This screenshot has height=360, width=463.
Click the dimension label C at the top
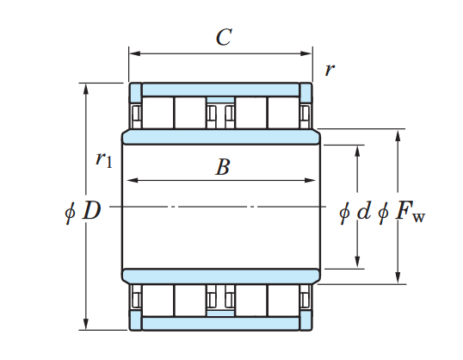click(224, 37)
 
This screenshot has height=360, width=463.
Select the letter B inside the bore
click(223, 167)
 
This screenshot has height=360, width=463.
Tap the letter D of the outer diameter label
click(92, 210)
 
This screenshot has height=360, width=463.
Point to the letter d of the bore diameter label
click(363, 210)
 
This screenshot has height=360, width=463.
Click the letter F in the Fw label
click(403, 211)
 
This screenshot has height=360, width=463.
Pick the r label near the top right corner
click(330, 71)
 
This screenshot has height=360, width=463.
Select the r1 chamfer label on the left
click(104, 160)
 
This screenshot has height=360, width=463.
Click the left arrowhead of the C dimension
click(135, 53)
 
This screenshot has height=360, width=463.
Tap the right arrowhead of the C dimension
click(306, 53)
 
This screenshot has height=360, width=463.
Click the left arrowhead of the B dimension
click(133, 180)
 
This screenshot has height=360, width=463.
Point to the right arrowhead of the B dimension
click(310, 180)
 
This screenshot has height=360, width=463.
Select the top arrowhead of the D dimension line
click(86, 90)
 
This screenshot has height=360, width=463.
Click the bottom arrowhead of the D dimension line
click(86, 324)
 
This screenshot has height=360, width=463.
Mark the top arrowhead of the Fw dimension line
click(398, 135)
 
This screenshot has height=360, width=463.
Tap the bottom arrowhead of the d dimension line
click(358, 262)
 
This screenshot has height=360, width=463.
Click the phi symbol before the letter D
click(70, 211)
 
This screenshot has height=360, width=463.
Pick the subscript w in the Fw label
click(419, 218)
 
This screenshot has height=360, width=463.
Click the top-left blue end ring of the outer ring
click(135, 93)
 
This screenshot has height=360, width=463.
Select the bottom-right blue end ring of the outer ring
click(306, 320)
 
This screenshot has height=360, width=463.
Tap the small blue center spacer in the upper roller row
click(220, 101)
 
